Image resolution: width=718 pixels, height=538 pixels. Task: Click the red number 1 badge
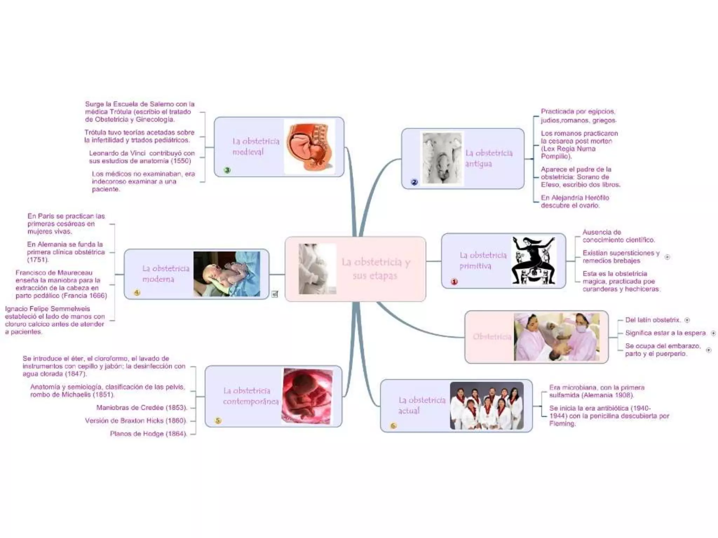(454, 282)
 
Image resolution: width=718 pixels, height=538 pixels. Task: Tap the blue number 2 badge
(414, 182)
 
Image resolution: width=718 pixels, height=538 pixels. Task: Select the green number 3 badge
(227, 170)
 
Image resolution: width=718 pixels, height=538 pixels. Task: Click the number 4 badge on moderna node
(137, 292)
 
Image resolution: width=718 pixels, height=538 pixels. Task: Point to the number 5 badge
(218, 420)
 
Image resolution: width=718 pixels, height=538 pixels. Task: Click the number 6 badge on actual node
(393, 426)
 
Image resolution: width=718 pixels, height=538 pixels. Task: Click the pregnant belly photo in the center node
(317, 269)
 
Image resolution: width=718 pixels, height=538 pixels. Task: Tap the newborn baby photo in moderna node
(227, 274)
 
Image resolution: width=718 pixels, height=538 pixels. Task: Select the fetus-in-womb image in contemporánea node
(307, 396)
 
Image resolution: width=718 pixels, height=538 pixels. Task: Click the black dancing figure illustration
(534, 260)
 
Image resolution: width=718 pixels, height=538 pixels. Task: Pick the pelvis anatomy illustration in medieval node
(309, 146)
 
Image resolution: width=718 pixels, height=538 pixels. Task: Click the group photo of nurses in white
(487, 406)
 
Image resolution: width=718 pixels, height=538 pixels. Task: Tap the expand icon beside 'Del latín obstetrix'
(687, 320)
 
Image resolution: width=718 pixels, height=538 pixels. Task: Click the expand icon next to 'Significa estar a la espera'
(713, 333)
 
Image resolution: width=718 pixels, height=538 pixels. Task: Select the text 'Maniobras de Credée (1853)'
(142, 408)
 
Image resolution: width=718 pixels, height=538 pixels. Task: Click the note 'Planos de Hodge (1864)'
(148, 434)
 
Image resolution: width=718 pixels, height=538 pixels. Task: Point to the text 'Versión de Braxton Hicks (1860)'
(136, 421)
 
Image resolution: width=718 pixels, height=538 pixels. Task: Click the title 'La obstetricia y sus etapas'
(375, 269)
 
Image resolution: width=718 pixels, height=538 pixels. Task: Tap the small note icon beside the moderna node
(275, 294)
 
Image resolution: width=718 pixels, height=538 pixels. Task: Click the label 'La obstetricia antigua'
(489, 158)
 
